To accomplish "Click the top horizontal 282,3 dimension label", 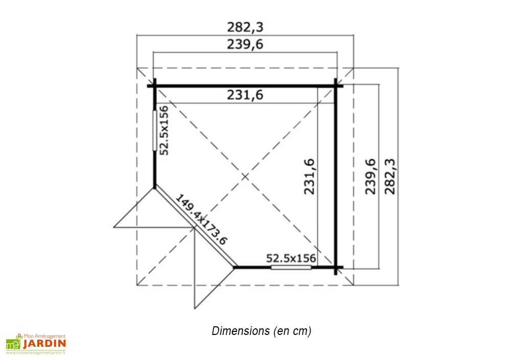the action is (245, 27).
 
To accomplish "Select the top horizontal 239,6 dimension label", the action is (245, 44).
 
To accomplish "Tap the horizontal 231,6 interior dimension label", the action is (245, 95).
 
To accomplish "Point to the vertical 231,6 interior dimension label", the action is (309, 176).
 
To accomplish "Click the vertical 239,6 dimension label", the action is (370, 176).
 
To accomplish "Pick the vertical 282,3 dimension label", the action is (390, 176).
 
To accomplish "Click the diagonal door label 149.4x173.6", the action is (201, 220).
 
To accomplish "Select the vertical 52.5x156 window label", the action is (164, 130).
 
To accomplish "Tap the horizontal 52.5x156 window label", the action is (291, 258).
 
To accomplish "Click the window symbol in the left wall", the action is (154, 130).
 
